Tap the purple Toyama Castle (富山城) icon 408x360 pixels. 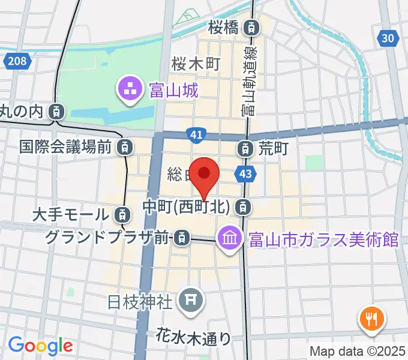pyautogui.click(x=130, y=91)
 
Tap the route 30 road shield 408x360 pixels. pyautogui.click(x=389, y=38)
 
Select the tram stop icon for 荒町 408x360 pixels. pyautogui.click(x=245, y=146)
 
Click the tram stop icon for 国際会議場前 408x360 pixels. pyautogui.click(x=124, y=146)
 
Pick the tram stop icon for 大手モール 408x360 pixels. pyautogui.click(x=121, y=214)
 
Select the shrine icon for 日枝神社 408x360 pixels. pyautogui.click(x=193, y=299)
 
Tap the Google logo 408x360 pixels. pyautogui.click(x=40, y=346)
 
